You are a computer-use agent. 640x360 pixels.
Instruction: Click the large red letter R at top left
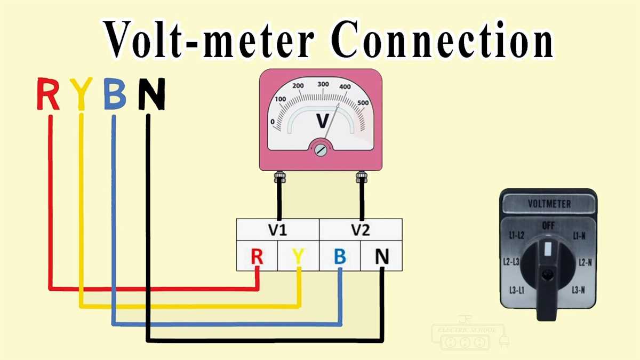pos(48,94)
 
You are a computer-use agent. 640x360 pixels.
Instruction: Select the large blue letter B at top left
pos(115,94)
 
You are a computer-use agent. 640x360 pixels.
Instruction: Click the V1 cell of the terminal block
pos(277,230)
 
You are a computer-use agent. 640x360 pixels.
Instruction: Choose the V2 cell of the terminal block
pos(361,230)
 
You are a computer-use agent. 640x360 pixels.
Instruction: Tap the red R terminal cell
pos(257,257)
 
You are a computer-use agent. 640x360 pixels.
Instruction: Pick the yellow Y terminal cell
pos(299,257)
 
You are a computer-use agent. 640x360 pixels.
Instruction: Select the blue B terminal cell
pos(340,257)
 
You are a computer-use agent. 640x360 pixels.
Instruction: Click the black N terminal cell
pos(382,257)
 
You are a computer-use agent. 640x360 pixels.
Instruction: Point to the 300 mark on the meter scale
pos(323,84)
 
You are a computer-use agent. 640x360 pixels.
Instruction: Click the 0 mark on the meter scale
pos(273,122)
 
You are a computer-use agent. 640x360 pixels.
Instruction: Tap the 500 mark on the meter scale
pos(363,103)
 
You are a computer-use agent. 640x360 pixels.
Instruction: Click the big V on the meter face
pos(323,121)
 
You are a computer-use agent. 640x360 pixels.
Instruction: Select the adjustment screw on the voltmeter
pos(321,150)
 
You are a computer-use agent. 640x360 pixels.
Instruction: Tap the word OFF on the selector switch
pos(548,226)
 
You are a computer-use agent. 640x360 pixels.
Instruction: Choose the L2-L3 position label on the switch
pos(511,262)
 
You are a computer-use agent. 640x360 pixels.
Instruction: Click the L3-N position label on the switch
pos(579,290)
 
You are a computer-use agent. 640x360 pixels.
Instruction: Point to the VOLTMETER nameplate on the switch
pos(549,204)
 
